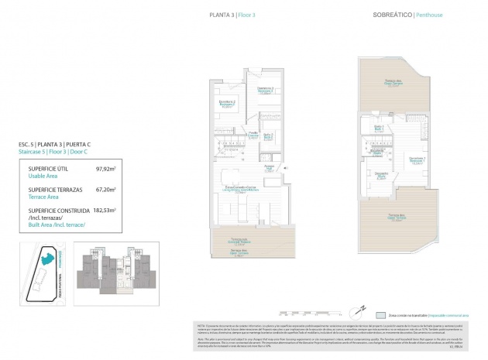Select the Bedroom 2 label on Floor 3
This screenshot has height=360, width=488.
[x=226, y=103]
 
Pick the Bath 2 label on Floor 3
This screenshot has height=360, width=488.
[x=268, y=137]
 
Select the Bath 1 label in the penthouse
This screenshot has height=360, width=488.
[x=380, y=129]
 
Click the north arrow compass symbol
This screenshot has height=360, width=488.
[x=358, y=308]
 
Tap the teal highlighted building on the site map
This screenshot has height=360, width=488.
[x=48, y=258]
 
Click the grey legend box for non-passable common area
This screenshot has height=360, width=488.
[x=380, y=316]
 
